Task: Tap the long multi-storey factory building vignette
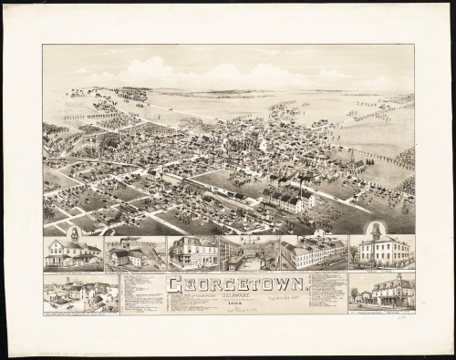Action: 312,252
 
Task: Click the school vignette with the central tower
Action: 381,252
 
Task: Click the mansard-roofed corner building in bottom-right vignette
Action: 398,292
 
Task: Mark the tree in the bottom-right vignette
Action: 355,293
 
